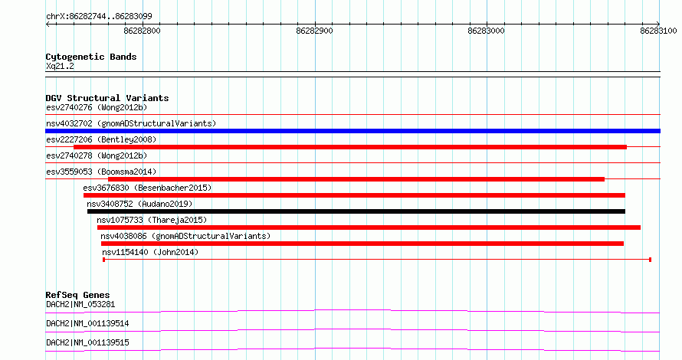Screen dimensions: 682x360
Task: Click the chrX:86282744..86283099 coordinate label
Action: (x=99, y=17)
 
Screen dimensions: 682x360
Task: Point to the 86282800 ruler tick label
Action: (x=142, y=31)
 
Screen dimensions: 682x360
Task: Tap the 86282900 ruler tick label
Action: (x=314, y=31)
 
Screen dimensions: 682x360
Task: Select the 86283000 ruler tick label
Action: (x=486, y=31)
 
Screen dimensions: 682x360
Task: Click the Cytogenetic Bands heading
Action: (x=91, y=57)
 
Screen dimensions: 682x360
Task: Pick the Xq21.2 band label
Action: (x=60, y=66)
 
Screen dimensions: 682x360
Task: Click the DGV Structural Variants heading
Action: (x=107, y=98)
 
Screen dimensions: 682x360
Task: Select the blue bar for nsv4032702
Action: (x=352, y=131)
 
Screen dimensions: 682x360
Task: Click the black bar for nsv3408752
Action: (x=356, y=211)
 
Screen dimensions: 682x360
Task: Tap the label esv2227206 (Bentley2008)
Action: (x=101, y=139)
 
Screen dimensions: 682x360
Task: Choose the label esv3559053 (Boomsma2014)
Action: (x=101, y=172)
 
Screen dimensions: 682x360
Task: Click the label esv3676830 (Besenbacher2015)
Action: (x=147, y=188)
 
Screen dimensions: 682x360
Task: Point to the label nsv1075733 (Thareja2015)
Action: (x=152, y=220)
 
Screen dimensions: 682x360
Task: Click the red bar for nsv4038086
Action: (x=362, y=244)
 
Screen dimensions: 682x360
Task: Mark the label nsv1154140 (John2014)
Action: (x=150, y=252)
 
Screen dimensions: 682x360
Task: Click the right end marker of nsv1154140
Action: (x=650, y=260)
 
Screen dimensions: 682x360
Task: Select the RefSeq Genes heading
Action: (x=77, y=295)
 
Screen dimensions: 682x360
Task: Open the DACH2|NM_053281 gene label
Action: (x=80, y=304)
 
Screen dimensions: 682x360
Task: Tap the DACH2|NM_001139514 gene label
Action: (x=87, y=323)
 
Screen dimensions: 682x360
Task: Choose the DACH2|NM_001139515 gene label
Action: (x=87, y=342)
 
